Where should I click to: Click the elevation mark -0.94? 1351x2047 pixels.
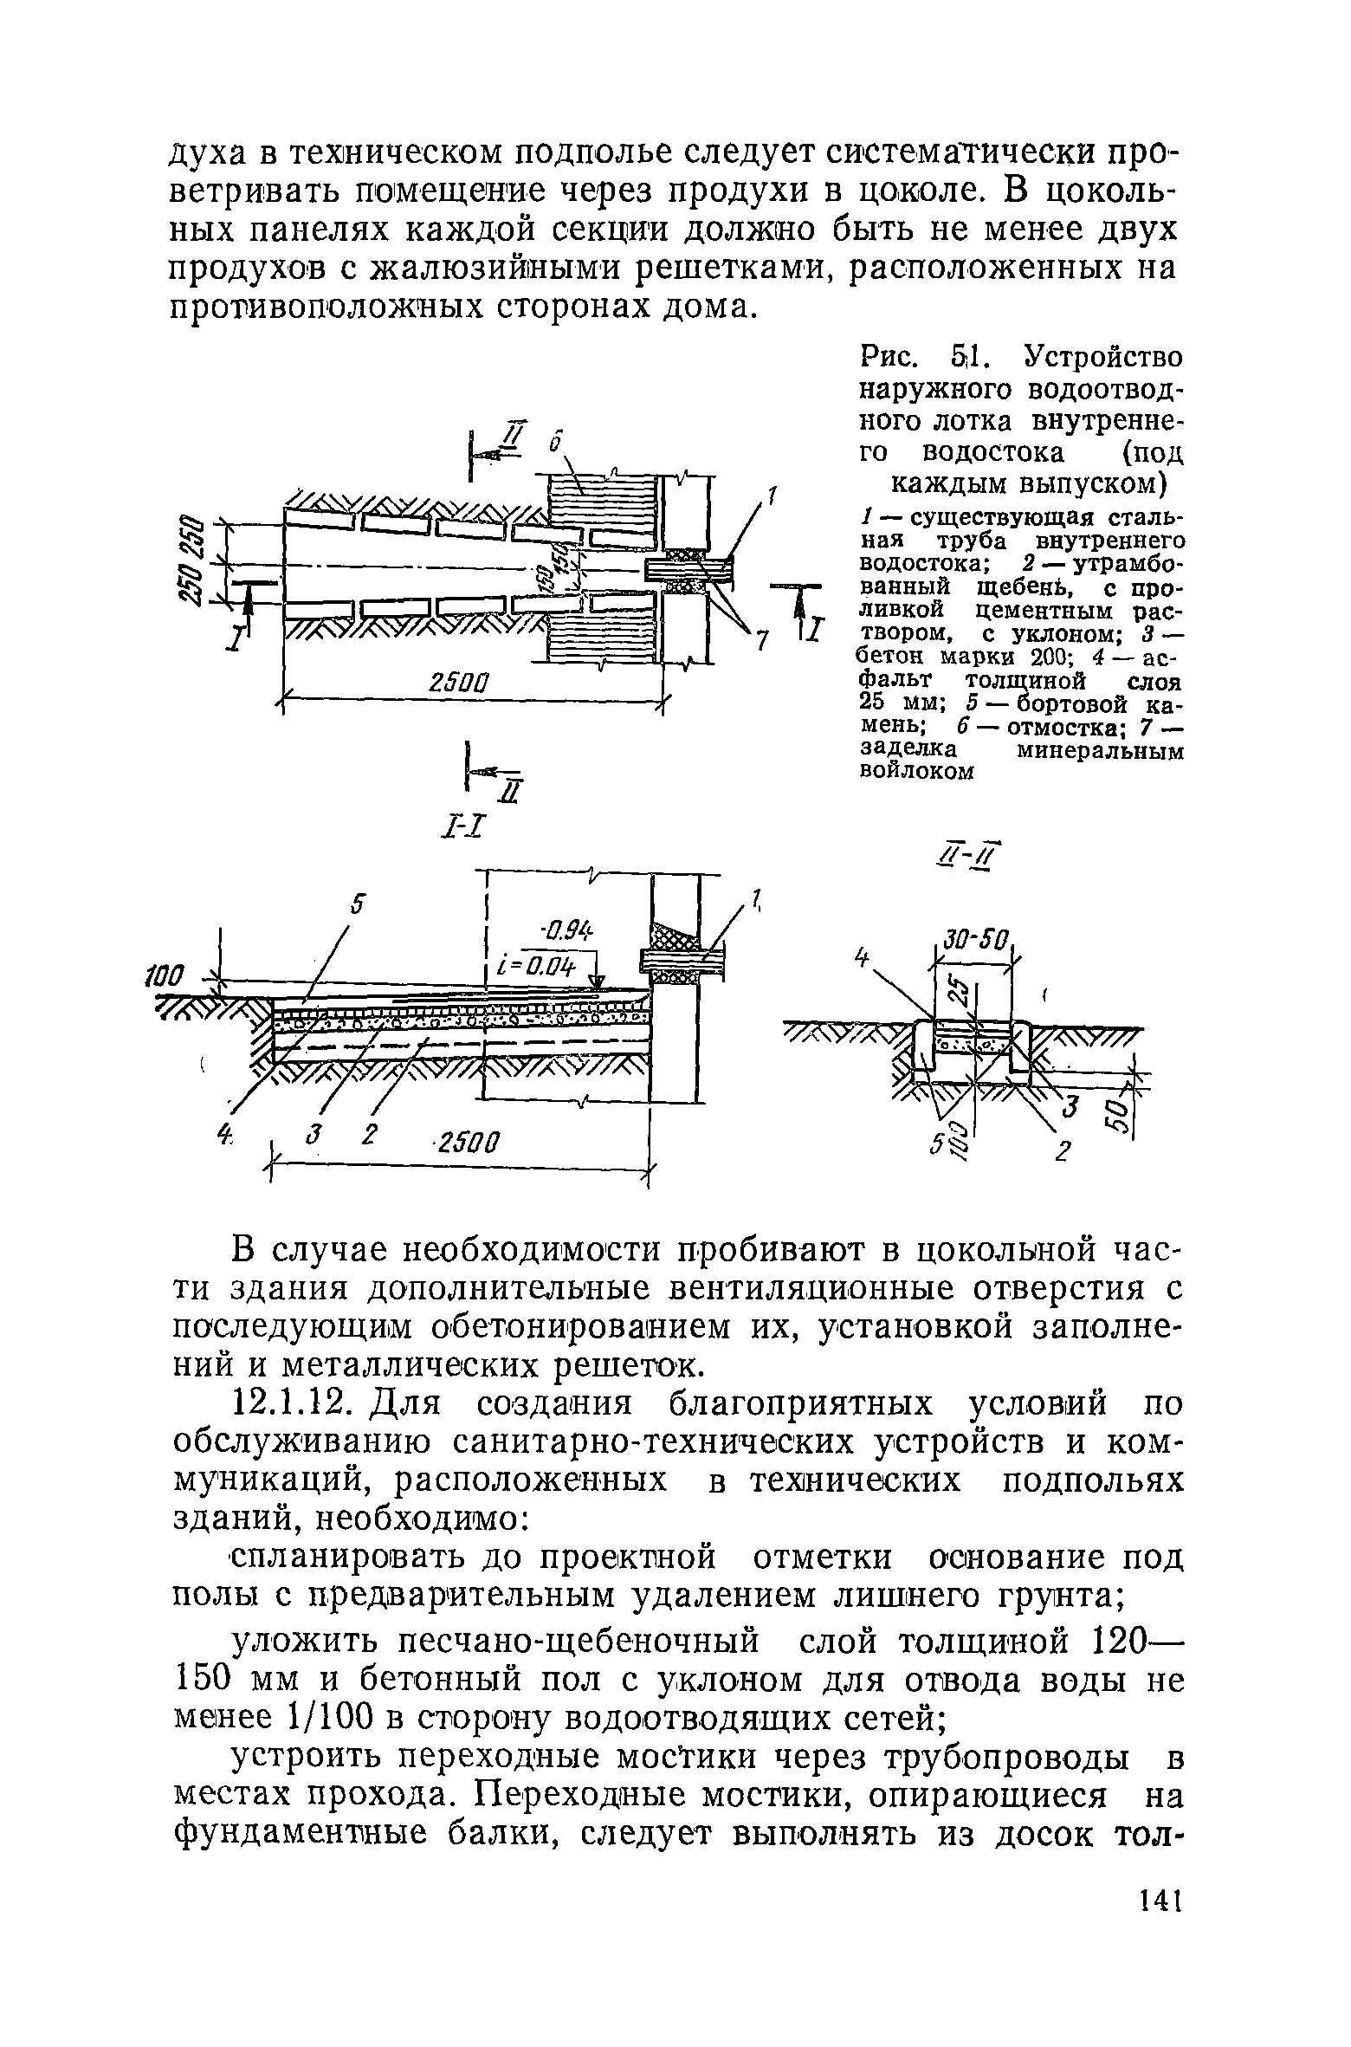pos(567,932)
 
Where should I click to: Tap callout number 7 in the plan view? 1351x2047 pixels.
pos(761,641)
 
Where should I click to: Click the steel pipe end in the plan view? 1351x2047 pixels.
pos(688,567)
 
